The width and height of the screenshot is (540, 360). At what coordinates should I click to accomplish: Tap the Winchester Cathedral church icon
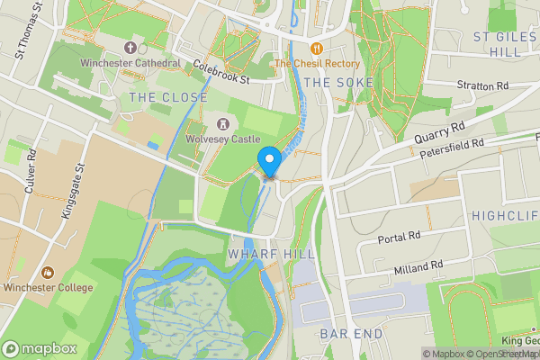[x=130, y=48]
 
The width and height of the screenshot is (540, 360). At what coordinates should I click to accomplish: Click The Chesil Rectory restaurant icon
[x=316, y=48]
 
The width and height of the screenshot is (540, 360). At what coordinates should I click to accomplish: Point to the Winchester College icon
[x=46, y=272]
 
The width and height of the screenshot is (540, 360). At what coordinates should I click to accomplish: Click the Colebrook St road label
[x=220, y=72]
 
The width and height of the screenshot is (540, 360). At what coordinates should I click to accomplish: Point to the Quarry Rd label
[x=440, y=133]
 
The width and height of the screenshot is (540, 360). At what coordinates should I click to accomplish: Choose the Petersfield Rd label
[x=452, y=149]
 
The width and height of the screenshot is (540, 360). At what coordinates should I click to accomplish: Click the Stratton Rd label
[x=482, y=85]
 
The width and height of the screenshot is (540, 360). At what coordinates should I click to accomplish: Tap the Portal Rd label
[x=399, y=236]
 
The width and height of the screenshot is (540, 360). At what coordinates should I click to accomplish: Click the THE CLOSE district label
[x=168, y=97]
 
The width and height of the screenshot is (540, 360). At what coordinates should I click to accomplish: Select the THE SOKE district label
[x=330, y=82]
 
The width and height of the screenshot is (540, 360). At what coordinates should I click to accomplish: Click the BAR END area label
[x=351, y=334]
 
